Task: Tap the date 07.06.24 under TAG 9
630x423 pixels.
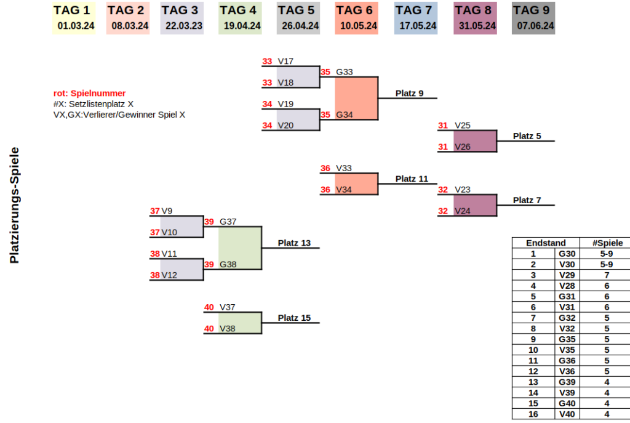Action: coord(535,26)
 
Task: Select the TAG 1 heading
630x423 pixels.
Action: coord(71,10)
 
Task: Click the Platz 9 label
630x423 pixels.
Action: coord(409,94)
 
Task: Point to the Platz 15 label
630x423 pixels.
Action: coord(294,318)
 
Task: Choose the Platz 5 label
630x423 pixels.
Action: coord(527,136)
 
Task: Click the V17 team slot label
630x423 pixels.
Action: coord(285,62)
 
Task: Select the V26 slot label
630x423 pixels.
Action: coord(462,147)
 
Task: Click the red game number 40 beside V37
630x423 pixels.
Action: coord(209,307)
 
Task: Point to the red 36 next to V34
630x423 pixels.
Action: coord(325,190)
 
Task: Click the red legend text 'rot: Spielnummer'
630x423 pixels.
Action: coord(90,93)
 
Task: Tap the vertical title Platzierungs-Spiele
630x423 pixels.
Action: coord(15,205)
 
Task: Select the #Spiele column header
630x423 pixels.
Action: coord(606,243)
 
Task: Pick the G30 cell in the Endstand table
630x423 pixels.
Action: coord(567,253)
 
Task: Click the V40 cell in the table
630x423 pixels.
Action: coord(567,414)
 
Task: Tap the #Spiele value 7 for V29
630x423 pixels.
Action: coord(606,275)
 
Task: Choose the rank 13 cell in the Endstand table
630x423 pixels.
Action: coord(533,382)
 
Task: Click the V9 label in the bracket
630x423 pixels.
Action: coord(167,211)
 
